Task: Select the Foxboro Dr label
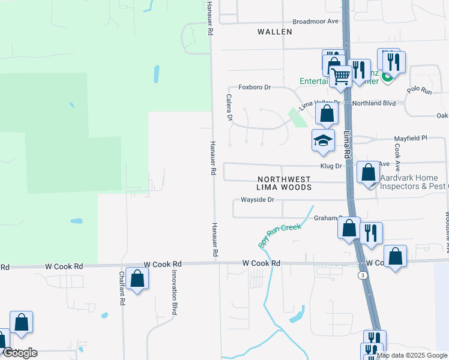point(255,87)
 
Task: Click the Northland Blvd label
point(374,103)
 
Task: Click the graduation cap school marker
point(323,141)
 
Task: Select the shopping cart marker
point(341,76)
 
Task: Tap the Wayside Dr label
point(257,199)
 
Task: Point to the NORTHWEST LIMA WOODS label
point(285,183)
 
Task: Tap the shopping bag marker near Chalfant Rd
point(137,279)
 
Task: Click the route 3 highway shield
point(362,275)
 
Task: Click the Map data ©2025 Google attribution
point(412,355)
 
